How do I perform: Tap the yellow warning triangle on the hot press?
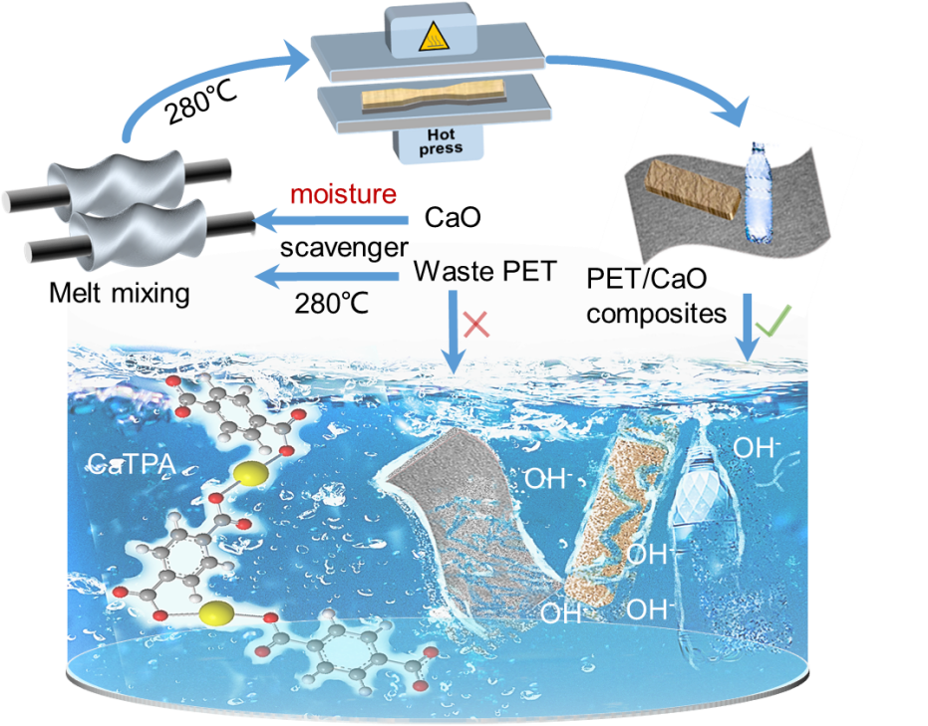[x=432, y=38]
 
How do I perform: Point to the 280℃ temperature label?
[x=331, y=303]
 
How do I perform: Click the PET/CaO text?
[x=640, y=281]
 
